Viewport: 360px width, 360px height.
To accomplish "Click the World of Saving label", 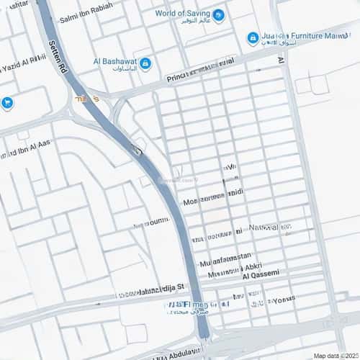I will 184,13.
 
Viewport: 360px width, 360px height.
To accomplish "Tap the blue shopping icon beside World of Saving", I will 218,15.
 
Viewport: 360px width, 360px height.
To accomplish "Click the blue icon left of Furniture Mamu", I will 253,38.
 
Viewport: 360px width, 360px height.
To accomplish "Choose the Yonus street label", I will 282,300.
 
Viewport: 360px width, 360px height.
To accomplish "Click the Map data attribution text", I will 335,355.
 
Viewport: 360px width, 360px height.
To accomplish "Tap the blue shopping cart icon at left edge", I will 7,103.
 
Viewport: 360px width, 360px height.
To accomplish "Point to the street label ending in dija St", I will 153,288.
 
